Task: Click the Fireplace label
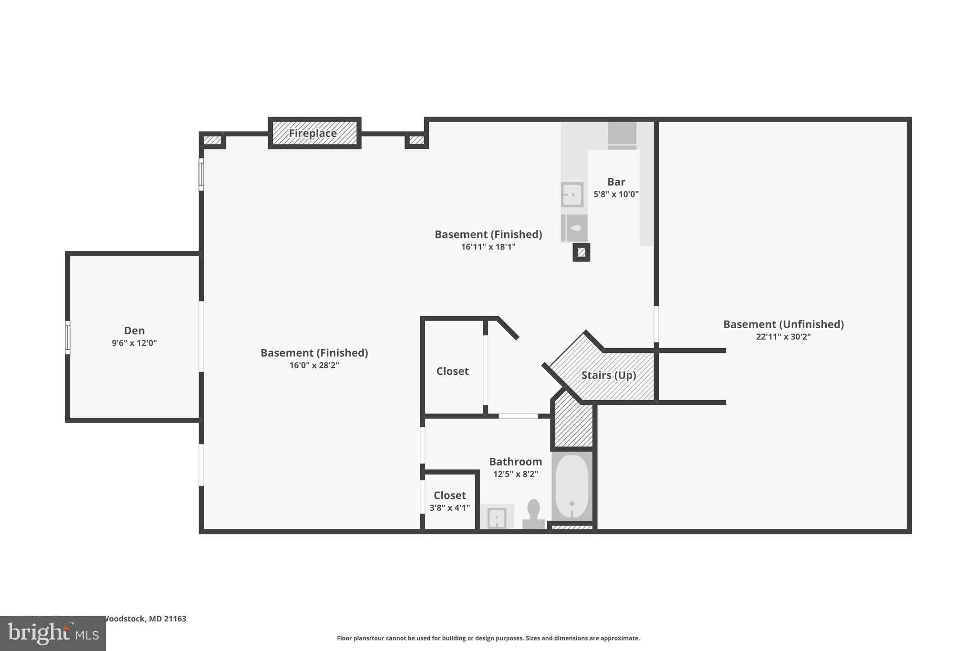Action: coord(313,133)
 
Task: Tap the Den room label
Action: coord(134,331)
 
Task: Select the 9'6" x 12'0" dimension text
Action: coord(134,343)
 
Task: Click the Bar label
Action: coord(616,182)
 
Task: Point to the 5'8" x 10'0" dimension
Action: coord(616,194)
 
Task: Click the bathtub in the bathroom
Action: coord(572,486)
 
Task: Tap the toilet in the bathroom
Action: coord(533,513)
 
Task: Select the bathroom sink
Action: coord(497,517)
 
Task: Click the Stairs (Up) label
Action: coord(608,375)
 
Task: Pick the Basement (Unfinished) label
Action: coord(783,324)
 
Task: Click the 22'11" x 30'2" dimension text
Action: coord(783,337)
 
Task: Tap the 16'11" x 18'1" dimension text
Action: coord(488,247)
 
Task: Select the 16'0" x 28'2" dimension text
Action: coord(314,365)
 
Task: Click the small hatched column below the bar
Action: coord(581,252)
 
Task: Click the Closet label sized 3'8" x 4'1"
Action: coord(449,496)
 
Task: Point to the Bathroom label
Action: coord(515,462)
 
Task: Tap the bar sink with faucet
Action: coord(572,195)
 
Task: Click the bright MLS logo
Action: coord(53,633)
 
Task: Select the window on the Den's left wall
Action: coord(68,338)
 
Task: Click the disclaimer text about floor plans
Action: coord(488,638)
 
